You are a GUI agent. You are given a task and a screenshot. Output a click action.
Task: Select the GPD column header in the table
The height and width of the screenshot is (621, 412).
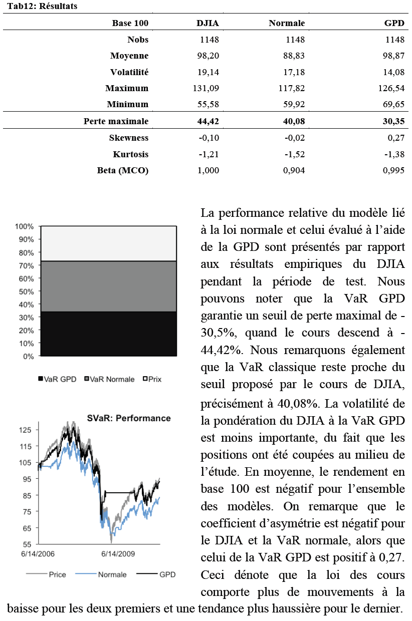[394, 23]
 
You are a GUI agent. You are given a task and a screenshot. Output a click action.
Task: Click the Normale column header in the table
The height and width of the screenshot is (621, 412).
[287, 23]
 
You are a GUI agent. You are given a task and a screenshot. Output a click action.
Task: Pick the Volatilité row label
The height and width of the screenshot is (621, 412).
[130, 72]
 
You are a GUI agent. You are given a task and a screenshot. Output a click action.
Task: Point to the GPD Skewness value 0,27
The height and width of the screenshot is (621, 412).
[396, 138]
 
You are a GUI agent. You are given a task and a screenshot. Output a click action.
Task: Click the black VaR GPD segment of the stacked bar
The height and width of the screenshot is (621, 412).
[108, 334]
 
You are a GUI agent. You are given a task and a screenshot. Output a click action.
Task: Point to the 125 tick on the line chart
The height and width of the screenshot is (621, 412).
[25, 430]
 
